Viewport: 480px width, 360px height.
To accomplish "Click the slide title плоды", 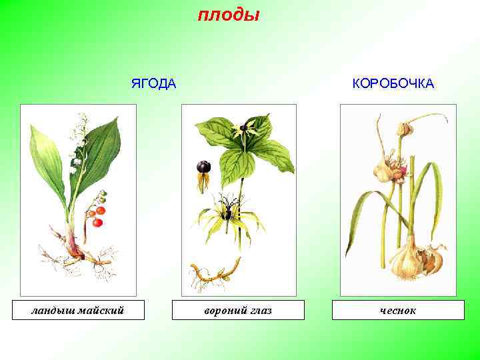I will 229,15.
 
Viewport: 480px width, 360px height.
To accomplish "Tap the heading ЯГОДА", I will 153,83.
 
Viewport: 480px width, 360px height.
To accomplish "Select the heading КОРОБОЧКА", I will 393,83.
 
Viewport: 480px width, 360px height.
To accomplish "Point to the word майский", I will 101,310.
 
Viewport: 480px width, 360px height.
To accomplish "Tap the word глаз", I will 259,311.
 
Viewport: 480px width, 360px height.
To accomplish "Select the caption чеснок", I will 398,311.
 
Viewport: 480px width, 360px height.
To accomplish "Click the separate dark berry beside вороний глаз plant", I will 203,167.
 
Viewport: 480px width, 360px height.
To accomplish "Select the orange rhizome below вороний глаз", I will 213,273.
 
